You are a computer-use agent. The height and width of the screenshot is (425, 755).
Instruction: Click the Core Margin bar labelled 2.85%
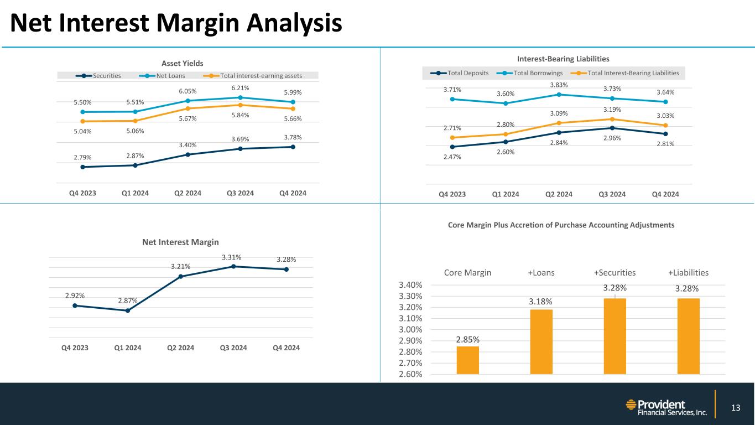467,360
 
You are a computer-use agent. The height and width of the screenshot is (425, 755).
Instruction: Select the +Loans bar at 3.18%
541,341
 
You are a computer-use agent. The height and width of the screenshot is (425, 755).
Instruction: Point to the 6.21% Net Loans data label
240,87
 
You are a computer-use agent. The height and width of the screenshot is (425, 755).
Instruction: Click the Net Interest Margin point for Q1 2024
127,310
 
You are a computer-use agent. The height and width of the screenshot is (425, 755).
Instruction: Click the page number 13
735,408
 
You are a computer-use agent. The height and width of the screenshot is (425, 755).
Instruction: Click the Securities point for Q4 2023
82,167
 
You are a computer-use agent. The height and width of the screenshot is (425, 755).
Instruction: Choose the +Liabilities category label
688,272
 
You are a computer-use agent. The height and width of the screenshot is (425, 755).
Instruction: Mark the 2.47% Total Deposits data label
452,157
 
